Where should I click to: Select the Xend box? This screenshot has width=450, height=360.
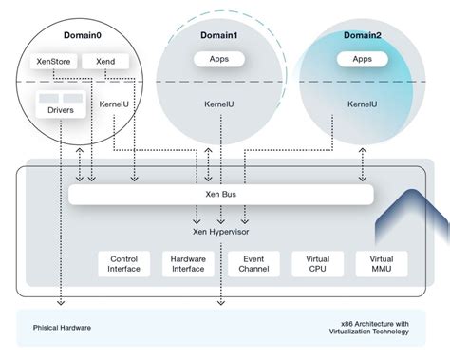click(105, 62)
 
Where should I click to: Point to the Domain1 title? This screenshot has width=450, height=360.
click(218, 36)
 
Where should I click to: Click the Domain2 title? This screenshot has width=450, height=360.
click(362, 34)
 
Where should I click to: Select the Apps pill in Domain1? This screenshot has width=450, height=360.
click(218, 59)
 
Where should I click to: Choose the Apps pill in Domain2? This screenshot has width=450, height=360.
click(362, 58)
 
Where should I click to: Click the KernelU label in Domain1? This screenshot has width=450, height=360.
click(219, 104)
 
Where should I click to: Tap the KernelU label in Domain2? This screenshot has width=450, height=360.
click(363, 104)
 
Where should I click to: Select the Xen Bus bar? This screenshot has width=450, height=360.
click(220, 194)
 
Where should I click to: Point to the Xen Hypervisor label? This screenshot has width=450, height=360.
click(220, 230)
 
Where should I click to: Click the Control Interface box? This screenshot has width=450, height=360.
click(124, 264)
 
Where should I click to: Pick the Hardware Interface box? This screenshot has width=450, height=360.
click(188, 264)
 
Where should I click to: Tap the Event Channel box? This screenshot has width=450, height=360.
click(253, 264)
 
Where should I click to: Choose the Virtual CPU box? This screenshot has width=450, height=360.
click(317, 264)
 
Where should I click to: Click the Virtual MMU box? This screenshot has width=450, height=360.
click(381, 264)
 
